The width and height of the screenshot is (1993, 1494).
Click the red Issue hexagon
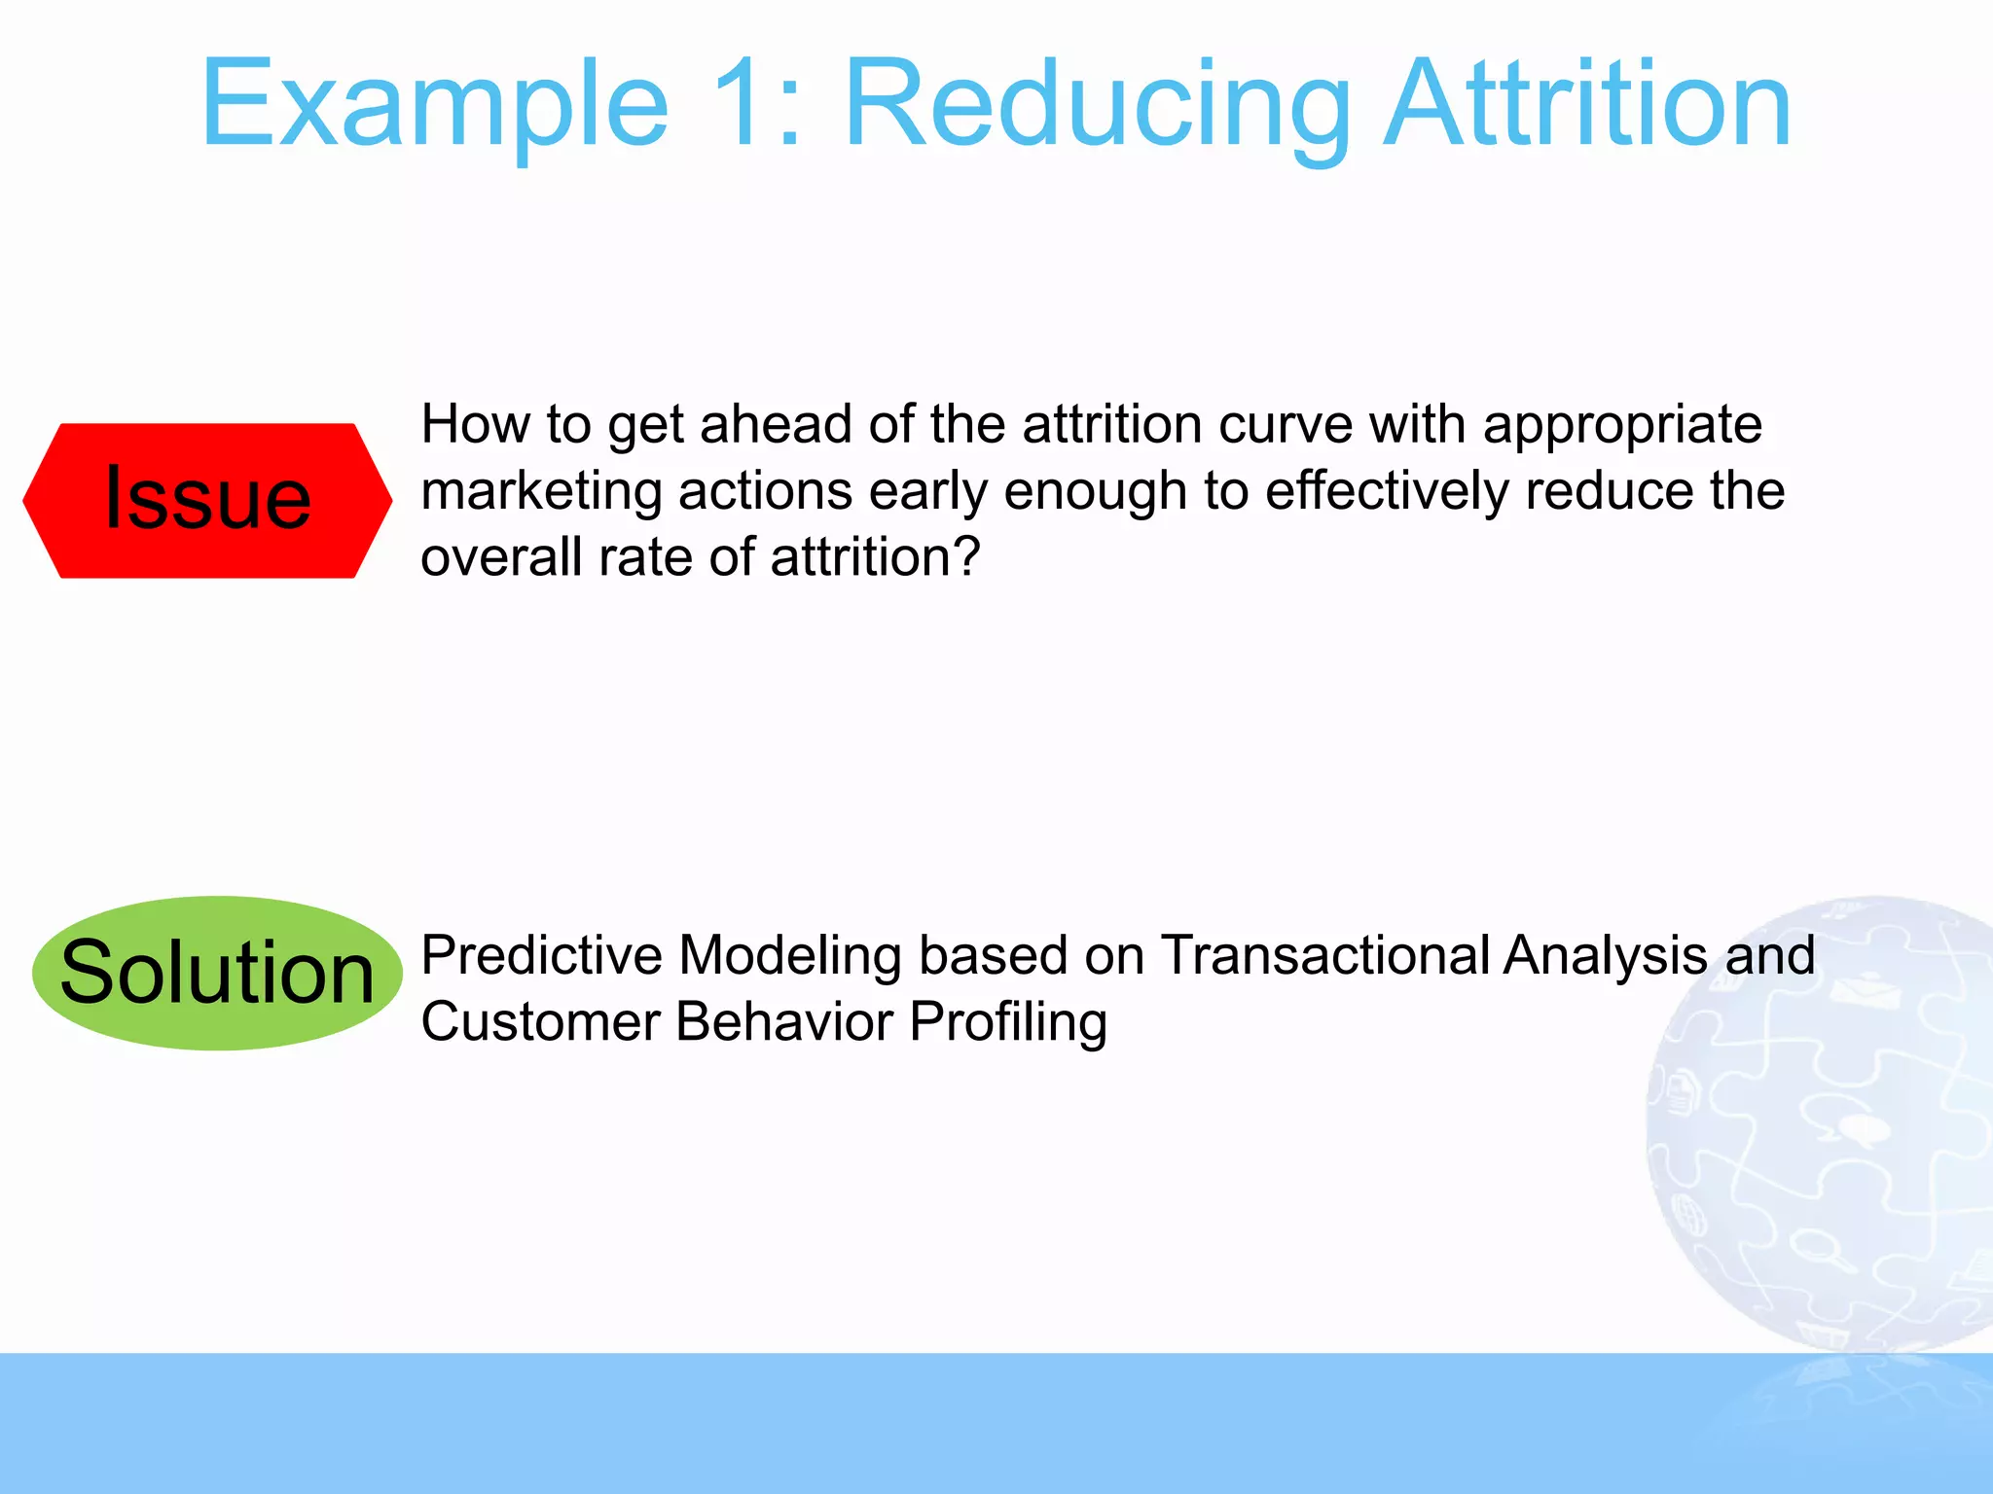point(207,500)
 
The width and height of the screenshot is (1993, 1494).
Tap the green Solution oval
point(217,973)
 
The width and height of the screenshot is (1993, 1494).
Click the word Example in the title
point(434,105)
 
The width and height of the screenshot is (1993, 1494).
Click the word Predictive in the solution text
point(541,955)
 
